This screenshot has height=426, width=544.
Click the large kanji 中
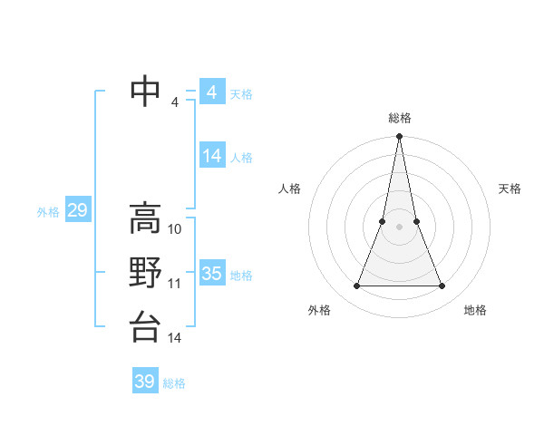[146, 92]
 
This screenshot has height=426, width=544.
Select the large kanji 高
[146, 218]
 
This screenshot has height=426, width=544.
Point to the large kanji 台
[146, 326]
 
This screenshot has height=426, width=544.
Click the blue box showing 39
[145, 382]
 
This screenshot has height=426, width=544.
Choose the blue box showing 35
[211, 274]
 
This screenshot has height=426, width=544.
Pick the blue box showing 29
[77, 211]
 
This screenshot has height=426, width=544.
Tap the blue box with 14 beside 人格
[211, 156]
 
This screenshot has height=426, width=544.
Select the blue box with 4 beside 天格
[211, 92]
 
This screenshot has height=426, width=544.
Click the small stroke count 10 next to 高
[175, 229]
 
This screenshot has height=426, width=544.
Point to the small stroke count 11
[175, 284]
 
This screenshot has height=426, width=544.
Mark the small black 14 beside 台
[175, 338]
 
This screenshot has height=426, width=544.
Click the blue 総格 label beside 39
[174, 383]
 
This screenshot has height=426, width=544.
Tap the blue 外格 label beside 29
[48, 212]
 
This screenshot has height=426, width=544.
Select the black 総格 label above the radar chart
[399, 118]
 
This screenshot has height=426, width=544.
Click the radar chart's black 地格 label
[475, 310]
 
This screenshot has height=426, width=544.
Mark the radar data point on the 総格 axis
[399, 137]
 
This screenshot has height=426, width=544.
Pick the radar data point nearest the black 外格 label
[356, 286]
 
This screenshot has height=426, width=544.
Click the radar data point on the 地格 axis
[442, 286]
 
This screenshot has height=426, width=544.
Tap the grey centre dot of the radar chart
[399, 227]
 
